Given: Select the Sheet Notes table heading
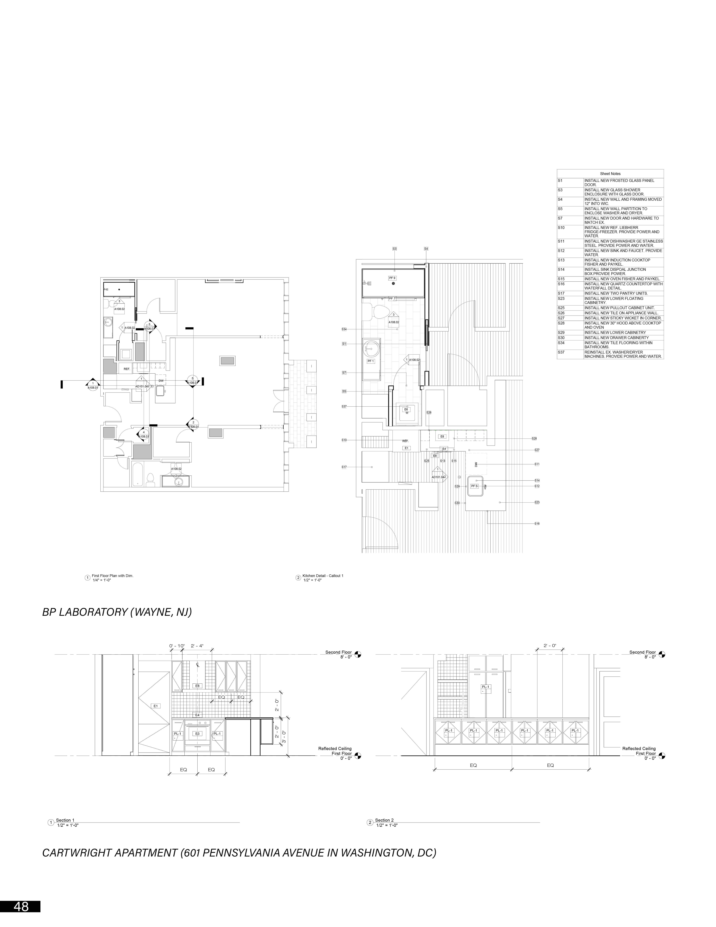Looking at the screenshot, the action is pyautogui.click(x=610, y=174).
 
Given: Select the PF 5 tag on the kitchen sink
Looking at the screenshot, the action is pyautogui.click(x=474, y=486).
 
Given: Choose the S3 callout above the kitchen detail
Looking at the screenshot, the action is pyautogui.click(x=395, y=249).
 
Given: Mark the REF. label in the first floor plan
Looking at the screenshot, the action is pyautogui.click(x=127, y=369).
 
